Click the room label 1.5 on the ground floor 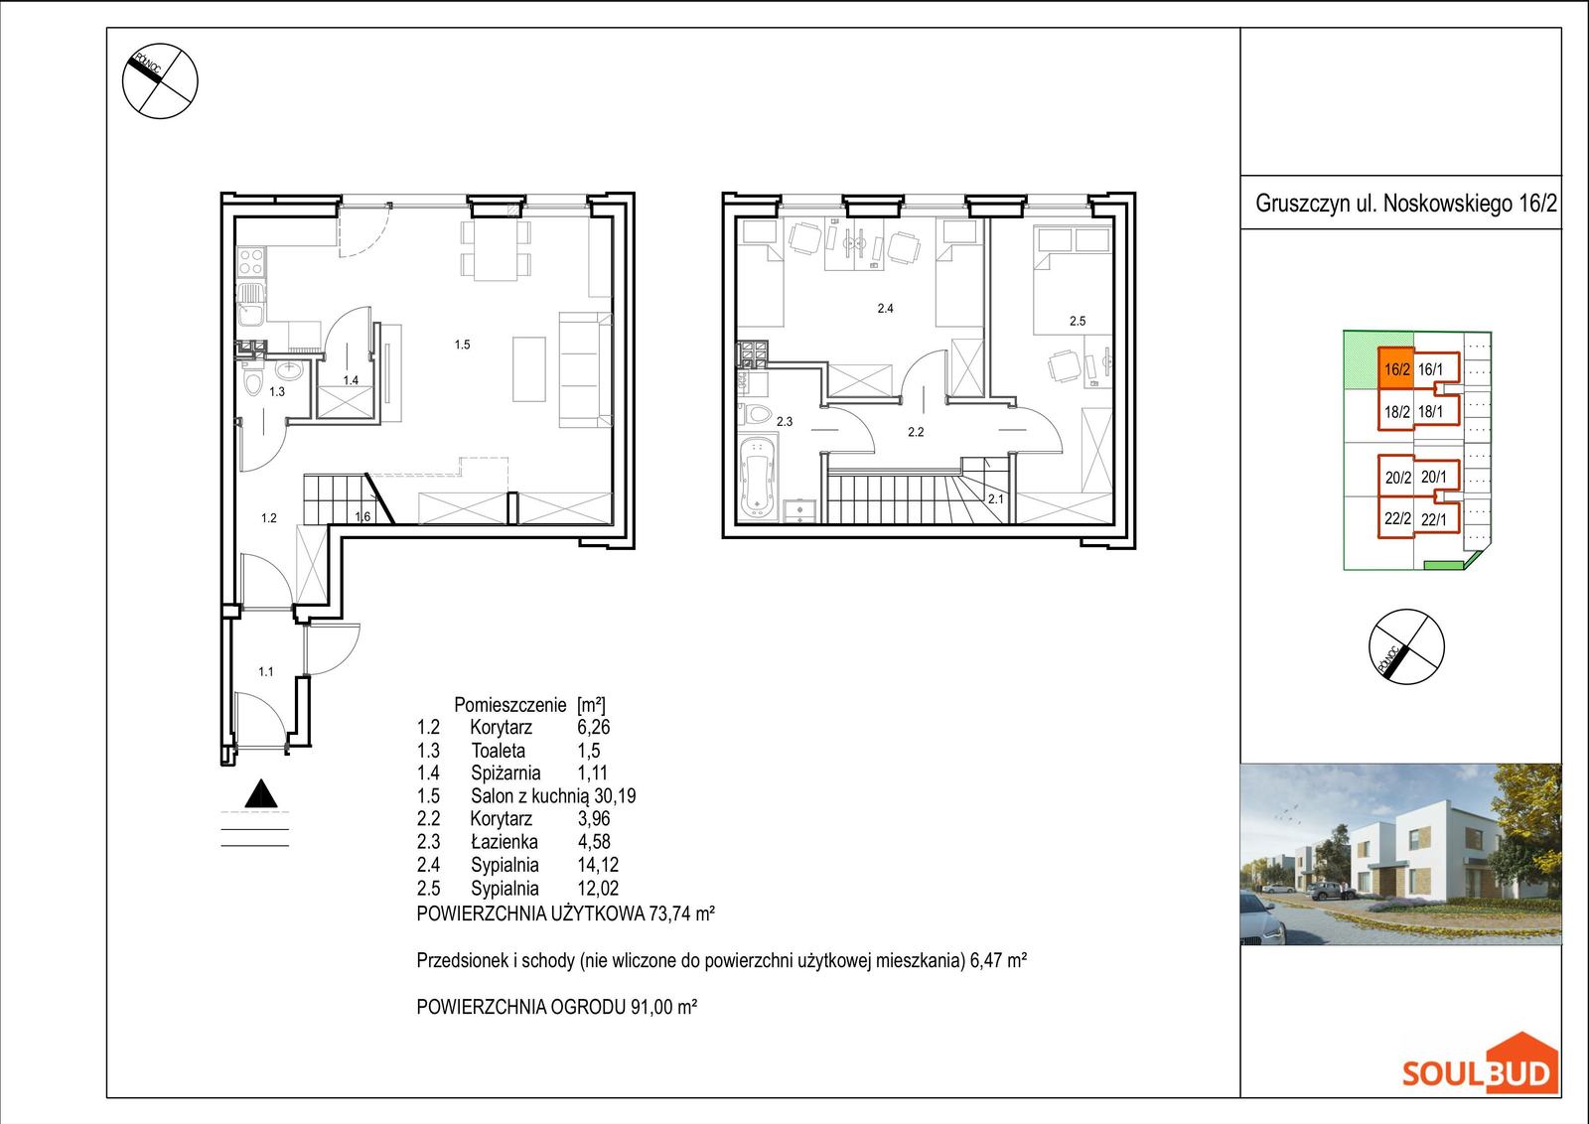pyautogui.click(x=462, y=345)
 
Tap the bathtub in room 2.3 pyautogui.click(x=758, y=478)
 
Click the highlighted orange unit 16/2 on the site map pyautogui.click(x=1396, y=368)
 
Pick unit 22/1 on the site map pyautogui.click(x=1433, y=519)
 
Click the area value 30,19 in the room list pyautogui.click(x=615, y=795)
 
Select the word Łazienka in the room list pyautogui.click(x=504, y=842)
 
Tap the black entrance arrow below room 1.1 pyautogui.click(x=261, y=793)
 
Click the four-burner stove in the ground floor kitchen pyautogui.click(x=251, y=260)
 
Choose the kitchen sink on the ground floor pyautogui.click(x=250, y=304)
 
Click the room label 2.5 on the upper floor pyautogui.click(x=1078, y=322)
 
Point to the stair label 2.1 pyautogui.click(x=996, y=499)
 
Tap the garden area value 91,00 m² pyautogui.click(x=663, y=1006)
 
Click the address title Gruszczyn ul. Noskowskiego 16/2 pyautogui.click(x=1406, y=204)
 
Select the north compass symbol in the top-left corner pyautogui.click(x=160, y=80)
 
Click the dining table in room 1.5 pyautogui.click(x=496, y=250)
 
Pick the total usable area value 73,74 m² pyautogui.click(x=681, y=913)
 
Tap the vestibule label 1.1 pyautogui.click(x=266, y=671)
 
